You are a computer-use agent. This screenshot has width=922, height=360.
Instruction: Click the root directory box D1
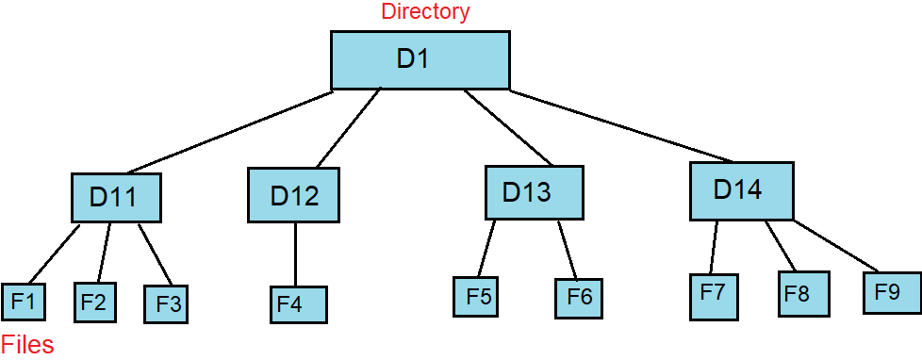(x=420, y=60)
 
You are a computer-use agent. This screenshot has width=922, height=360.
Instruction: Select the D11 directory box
(x=116, y=198)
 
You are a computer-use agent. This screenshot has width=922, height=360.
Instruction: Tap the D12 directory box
(x=294, y=196)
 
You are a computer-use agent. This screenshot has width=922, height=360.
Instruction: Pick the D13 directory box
(x=534, y=193)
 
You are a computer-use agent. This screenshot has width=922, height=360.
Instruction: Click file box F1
(x=23, y=303)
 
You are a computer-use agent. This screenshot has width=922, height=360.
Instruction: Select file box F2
(x=93, y=303)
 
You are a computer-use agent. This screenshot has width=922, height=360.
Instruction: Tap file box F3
(x=168, y=304)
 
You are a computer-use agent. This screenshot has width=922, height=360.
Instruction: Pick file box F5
(x=478, y=297)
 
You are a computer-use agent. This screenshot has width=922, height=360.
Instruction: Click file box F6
(x=578, y=298)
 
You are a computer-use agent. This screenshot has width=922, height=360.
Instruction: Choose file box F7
(x=714, y=296)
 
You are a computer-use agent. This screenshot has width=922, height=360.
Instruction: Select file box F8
(x=803, y=293)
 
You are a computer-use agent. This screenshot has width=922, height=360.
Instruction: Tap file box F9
(x=891, y=292)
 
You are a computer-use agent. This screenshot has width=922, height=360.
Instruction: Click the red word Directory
(x=424, y=12)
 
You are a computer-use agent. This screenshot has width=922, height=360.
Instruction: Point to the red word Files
(x=27, y=345)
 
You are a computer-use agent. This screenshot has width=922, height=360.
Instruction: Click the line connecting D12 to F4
(x=295, y=254)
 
